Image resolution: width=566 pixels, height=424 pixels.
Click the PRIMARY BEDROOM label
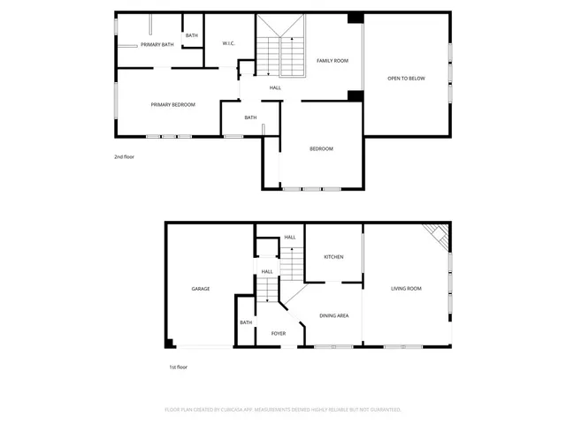tap(172, 104)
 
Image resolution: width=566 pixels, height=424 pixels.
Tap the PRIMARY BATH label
tap(157, 44)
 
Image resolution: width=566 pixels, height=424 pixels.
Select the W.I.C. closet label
tap(227, 43)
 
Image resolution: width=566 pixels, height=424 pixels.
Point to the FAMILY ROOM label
tap(333, 60)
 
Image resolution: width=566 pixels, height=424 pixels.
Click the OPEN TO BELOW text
tap(406, 79)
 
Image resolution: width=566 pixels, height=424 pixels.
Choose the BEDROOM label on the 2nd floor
tap(321, 148)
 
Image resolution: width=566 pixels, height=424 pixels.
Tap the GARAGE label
tap(201, 289)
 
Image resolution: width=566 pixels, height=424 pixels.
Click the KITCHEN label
tap(333, 257)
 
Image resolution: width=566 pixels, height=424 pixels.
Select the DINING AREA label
tap(333, 315)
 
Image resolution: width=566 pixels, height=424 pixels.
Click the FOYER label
tap(278, 334)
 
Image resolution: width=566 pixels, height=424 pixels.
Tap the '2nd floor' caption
tap(124, 156)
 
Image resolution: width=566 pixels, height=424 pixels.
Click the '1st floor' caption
tap(178, 367)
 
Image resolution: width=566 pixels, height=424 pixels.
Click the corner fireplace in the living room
tap(437, 235)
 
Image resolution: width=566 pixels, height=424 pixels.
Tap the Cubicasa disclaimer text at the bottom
tap(283, 410)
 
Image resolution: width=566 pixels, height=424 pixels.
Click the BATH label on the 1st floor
tap(246, 322)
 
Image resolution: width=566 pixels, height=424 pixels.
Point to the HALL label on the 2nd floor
tap(276, 87)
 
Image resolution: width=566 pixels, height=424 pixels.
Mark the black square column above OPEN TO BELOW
tap(356, 18)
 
